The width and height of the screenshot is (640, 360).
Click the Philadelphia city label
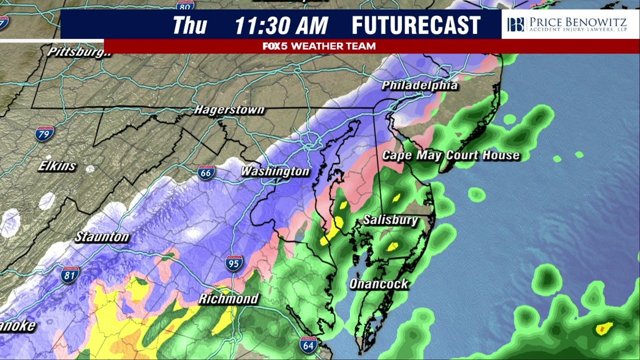[x=419, y=85]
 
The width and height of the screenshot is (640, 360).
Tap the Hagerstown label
[x=229, y=109]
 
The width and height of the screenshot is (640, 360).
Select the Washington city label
[x=275, y=171]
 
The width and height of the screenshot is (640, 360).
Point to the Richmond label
[x=228, y=299]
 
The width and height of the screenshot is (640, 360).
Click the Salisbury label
[x=390, y=220]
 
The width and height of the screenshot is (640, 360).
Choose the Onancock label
[x=378, y=284]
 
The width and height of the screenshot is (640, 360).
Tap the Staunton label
[x=102, y=237]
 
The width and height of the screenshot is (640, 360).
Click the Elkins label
[x=57, y=166]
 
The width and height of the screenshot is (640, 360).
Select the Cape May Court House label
[x=450, y=155]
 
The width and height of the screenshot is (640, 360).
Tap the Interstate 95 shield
[x=233, y=262]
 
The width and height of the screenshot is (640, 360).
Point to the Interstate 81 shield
[x=69, y=274]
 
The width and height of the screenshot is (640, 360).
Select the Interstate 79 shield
[x=44, y=133]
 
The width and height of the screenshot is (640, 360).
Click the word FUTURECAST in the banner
[x=416, y=25]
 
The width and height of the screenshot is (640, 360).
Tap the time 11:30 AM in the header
[x=281, y=25]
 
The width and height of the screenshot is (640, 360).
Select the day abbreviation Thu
[x=189, y=25]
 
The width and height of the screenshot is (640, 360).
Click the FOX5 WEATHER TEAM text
[x=319, y=46]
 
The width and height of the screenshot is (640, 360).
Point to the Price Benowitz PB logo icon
[x=515, y=24]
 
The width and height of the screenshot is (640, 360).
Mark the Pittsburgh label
[x=79, y=52]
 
